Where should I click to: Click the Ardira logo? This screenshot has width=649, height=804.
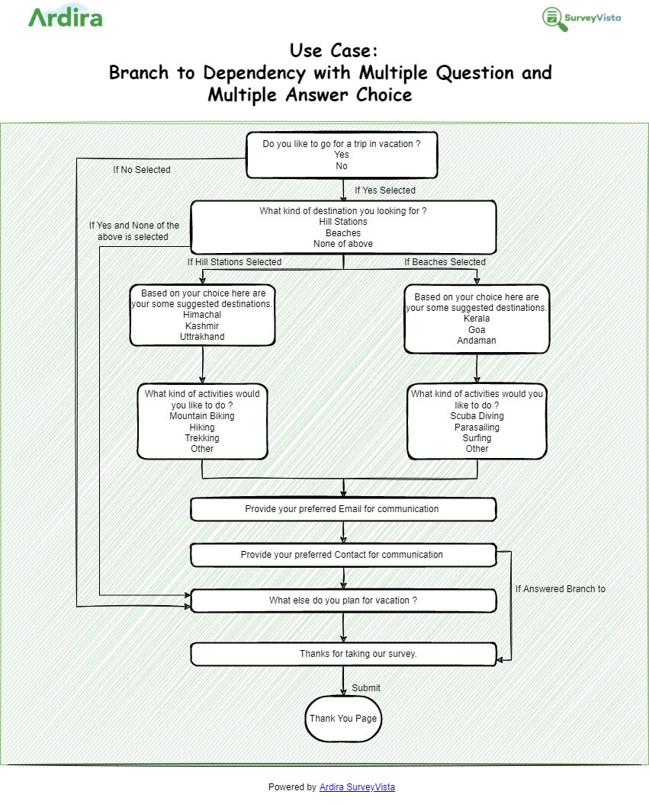[x=66, y=17]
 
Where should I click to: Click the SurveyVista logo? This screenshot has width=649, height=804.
[x=581, y=18]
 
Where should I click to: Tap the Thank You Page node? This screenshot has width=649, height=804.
[x=342, y=719]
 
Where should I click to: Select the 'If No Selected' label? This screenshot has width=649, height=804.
[x=142, y=170]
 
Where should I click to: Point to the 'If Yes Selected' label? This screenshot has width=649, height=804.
[x=385, y=191]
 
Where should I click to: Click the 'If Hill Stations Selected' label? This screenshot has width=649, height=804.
[x=235, y=262]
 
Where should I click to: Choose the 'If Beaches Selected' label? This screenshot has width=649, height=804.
[x=445, y=262]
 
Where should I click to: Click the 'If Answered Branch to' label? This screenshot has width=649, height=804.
[x=560, y=589]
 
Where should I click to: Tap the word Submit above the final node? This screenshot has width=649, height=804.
[x=366, y=688]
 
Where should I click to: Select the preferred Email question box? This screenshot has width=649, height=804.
[x=342, y=509]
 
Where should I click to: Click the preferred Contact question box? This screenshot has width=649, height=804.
[x=342, y=555]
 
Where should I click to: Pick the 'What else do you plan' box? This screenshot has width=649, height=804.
[x=342, y=601]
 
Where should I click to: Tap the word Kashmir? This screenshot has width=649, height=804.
[x=202, y=325]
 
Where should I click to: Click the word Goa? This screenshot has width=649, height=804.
[x=477, y=329]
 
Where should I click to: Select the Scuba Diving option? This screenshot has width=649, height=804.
[x=477, y=416]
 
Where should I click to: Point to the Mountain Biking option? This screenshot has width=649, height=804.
[x=202, y=416]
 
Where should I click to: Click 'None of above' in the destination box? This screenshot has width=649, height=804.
[x=343, y=244]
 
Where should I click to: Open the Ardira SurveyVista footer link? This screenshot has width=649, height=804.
[x=357, y=787]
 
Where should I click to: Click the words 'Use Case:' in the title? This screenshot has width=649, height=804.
[x=333, y=51]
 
